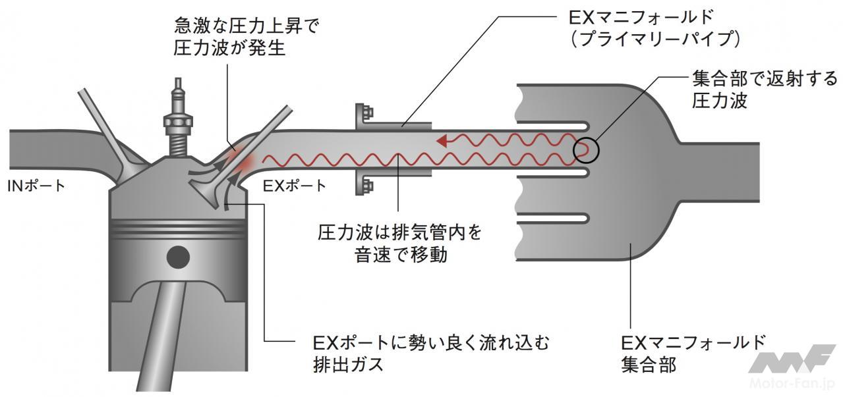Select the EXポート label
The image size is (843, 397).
294,186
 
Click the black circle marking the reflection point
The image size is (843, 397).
586,149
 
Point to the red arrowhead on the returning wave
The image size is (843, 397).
445,140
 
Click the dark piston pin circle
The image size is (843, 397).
177,257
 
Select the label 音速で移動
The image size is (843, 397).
400,255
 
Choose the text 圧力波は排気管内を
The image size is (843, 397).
400,232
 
